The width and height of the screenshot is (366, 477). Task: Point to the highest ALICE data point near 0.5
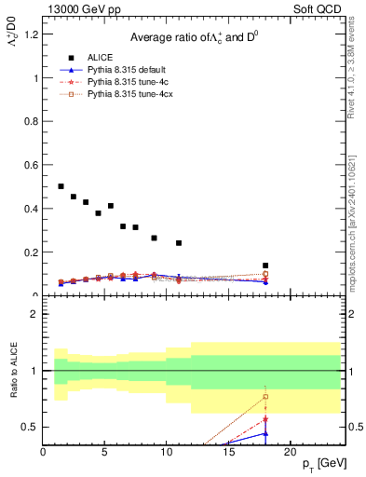click(x=61, y=186)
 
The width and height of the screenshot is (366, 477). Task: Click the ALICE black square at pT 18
click(x=265, y=266)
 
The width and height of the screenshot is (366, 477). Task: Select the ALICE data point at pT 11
click(x=179, y=243)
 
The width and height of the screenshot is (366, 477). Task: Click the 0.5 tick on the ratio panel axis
click(x=31, y=427)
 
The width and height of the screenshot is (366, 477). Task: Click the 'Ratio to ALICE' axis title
click(x=13, y=372)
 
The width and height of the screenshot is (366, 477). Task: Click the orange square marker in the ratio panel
click(x=265, y=397)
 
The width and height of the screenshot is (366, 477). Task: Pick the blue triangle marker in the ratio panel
click(x=265, y=432)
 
